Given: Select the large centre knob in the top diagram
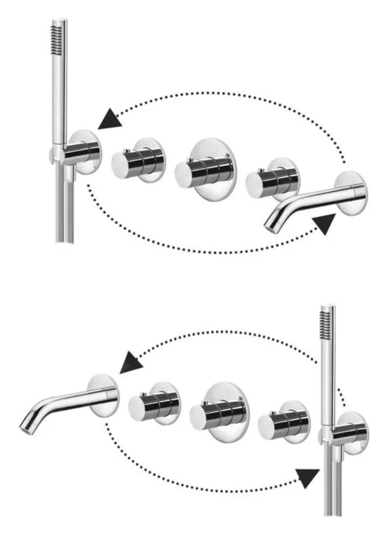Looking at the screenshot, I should (x=205, y=171).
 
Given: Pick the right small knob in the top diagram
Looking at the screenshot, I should (x=272, y=179).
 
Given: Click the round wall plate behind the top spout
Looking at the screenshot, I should (x=350, y=192).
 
